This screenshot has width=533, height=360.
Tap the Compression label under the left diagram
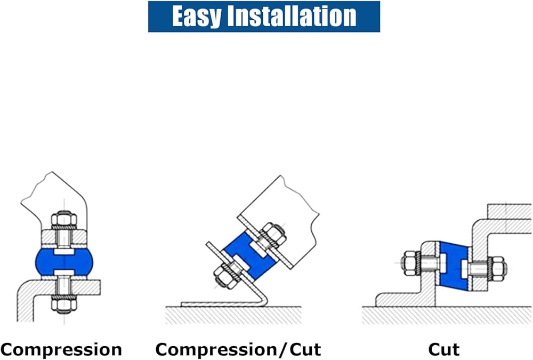[x=61, y=350]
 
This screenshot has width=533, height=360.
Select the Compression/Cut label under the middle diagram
[x=238, y=350]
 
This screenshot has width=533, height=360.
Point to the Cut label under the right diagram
[x=443, y=350]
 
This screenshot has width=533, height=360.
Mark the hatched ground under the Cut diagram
[x=448, y=316]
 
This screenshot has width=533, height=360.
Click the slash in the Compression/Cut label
[x=283, y=350]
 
